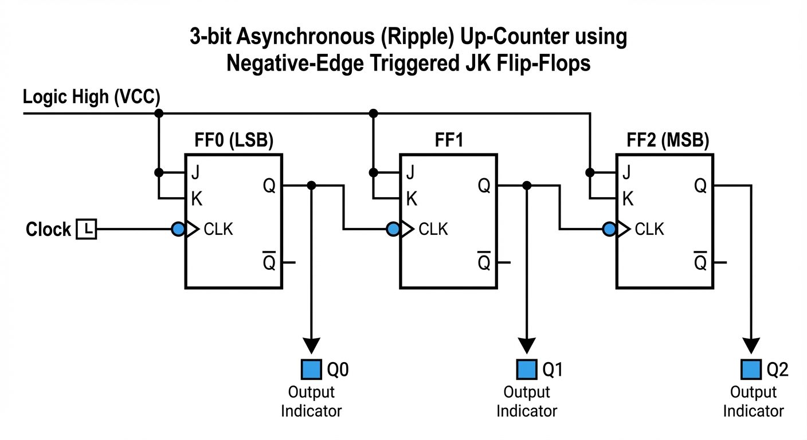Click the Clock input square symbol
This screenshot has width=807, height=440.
tap(87, 229)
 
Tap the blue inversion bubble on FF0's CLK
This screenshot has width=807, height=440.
tap(178, 230)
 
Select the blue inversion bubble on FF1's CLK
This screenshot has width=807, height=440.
tap(393, 230)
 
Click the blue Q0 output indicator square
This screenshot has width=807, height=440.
tap(311, 370)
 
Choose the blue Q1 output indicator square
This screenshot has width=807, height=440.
tap(527, 370)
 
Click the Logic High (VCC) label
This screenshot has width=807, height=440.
tap(91, 97)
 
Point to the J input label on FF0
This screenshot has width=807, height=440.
tap(196, 172)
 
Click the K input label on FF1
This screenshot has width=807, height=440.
tap(412, 199)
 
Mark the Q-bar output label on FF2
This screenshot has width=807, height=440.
tap(700, 262)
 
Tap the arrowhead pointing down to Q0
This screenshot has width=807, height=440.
tap(311, 345)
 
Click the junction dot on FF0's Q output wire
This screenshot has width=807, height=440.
tap(311, 185)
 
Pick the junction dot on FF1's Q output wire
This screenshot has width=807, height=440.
tap(527, 185)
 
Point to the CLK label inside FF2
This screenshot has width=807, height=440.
tap(649, 230)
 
